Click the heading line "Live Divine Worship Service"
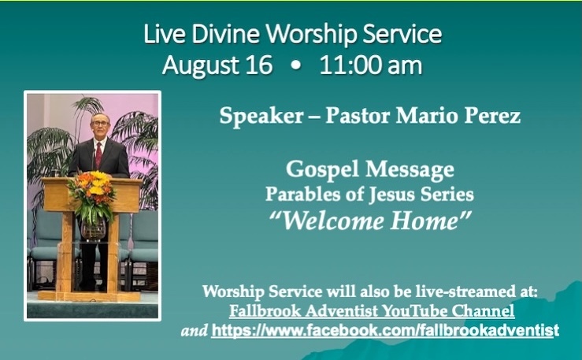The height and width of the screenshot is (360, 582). pos(292,35)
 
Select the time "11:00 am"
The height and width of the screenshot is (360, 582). pos(370,65)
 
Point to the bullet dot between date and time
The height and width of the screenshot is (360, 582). pos(295,66)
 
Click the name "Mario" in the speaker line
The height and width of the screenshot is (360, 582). pos(431,118)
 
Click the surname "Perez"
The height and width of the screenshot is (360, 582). pos(494,118)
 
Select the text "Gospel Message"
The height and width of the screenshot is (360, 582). pos(370,169)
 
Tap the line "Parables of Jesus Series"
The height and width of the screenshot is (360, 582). pos(370,194)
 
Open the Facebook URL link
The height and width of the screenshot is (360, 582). pos(385,330)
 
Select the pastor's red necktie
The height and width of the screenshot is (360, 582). pos(98,154)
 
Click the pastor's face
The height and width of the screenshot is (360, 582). pos(98,127)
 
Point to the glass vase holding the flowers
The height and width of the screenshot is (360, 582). pos(92,228)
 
